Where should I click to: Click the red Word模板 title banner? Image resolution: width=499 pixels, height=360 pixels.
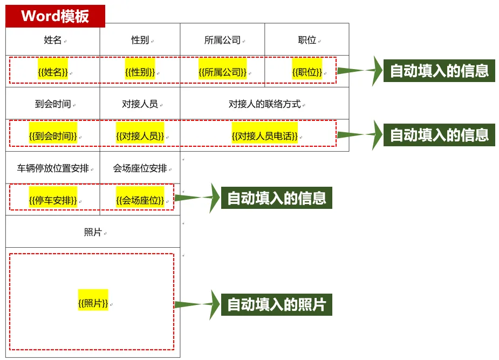click(x=55, y=16)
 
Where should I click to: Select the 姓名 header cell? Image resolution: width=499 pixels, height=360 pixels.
click(x=53, y=40)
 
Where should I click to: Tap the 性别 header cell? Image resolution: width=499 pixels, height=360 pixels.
click(x=140, y=40)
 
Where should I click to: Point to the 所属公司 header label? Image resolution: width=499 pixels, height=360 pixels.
click(x=222, y=40)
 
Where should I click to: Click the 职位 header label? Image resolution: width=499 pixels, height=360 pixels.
click(x=307, y=40)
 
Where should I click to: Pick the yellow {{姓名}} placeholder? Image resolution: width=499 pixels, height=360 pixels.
click(x=53, y=72)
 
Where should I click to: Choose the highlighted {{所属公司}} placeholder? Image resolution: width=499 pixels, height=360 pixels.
click(x=222, y=72)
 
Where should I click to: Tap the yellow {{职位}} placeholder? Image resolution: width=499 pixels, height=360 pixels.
click(x=307, y=72)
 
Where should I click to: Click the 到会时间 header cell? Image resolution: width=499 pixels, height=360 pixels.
click(x=53, y=104)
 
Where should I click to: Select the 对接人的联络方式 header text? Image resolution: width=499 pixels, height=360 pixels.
click(x=264, y=104)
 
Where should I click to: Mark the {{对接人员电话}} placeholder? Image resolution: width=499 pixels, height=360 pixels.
click(x=264, y=136)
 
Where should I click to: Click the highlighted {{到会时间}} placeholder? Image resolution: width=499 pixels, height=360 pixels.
click(x=53, y=136)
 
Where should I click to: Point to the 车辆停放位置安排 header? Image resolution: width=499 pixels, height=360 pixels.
click(x=53, y=168)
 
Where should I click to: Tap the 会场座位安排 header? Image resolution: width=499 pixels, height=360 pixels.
click(x=140, y=168)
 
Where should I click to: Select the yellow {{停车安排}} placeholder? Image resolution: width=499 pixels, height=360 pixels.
click(x=53, y=200)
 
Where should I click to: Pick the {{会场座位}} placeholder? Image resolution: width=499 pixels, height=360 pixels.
click(x=140, y=200)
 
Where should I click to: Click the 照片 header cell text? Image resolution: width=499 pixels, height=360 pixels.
click(x=93, y=232)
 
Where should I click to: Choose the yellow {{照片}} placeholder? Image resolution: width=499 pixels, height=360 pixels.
click(x=93, y=303)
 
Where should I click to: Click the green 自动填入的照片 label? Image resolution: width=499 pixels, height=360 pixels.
click(x=277, y=304)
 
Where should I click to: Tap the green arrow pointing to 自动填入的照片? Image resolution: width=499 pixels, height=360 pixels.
click(x=197, y=304)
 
